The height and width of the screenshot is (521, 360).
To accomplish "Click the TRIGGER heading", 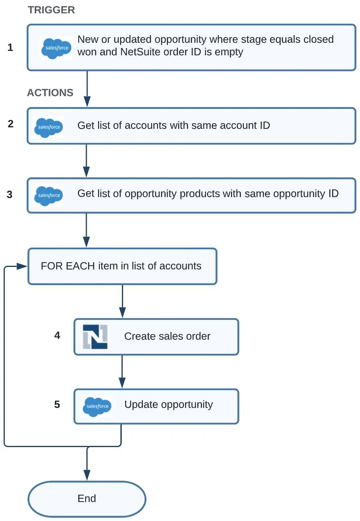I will pos(51,10).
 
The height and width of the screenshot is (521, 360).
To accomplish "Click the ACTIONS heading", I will pos(50,93).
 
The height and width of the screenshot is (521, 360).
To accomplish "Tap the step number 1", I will pos(10,48).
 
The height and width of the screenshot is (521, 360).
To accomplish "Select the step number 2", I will pos(10,124).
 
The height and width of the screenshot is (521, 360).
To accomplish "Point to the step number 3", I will pos(10,195).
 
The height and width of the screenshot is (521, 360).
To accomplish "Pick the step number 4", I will pos(57,335).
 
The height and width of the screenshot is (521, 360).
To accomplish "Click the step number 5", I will pos(57,405).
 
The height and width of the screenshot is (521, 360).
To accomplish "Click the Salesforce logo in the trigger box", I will pos(56,48).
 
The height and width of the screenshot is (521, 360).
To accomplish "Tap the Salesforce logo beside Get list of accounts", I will pos(48,127).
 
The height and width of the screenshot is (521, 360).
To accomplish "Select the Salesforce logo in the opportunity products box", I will pos(48,195).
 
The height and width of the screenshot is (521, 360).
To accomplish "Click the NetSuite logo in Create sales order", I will pos(95,337).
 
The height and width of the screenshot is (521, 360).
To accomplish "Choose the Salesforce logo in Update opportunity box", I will pos(97,406).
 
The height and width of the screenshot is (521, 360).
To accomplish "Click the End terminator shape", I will pos(87,499).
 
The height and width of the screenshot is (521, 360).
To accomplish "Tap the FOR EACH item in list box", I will pos(122,266).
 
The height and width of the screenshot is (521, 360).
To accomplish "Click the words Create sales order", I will pos(167,336).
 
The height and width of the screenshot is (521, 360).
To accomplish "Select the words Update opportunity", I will pos(168,405).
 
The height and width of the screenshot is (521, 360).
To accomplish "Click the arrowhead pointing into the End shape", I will pos(87,475).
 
